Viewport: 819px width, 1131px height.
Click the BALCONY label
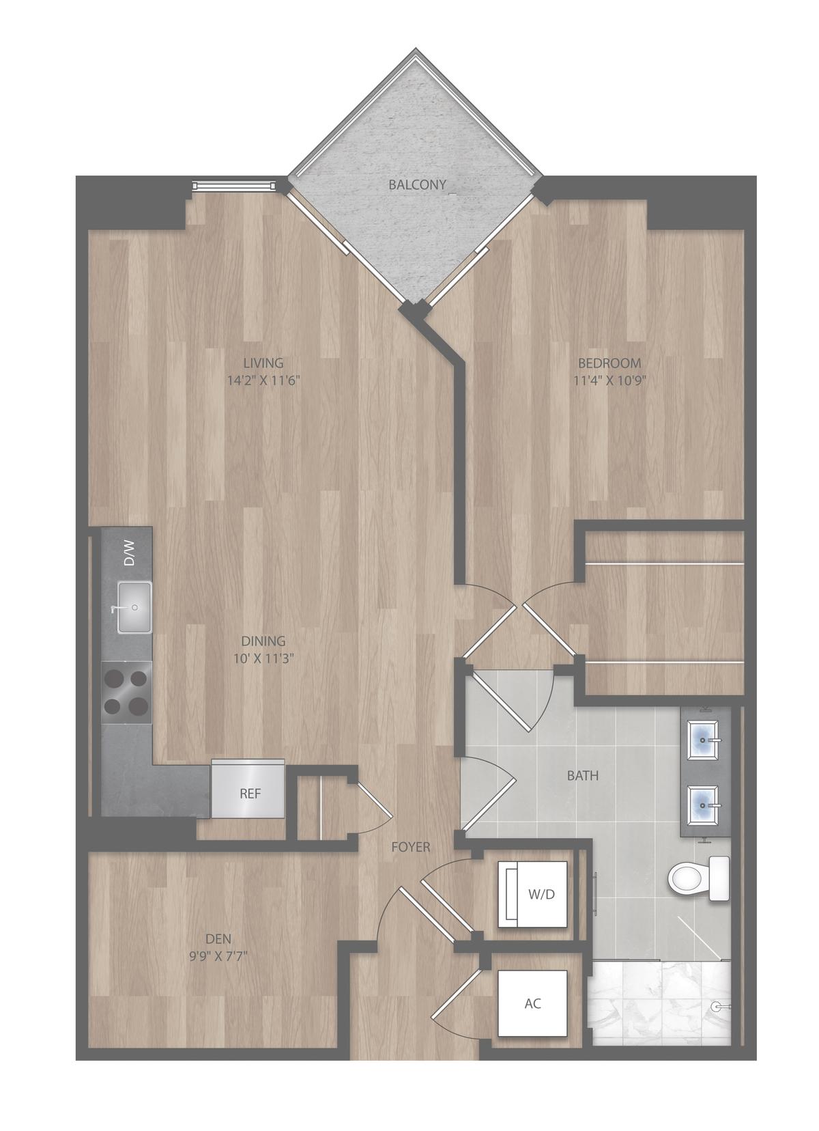point(417,185)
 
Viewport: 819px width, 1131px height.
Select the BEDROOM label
point(609,363)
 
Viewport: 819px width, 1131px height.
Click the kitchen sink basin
point(134,608)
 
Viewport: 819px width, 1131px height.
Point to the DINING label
point(263,641)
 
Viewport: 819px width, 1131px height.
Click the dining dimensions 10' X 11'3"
point(263,658)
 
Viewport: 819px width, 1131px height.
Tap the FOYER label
point(411,847)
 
